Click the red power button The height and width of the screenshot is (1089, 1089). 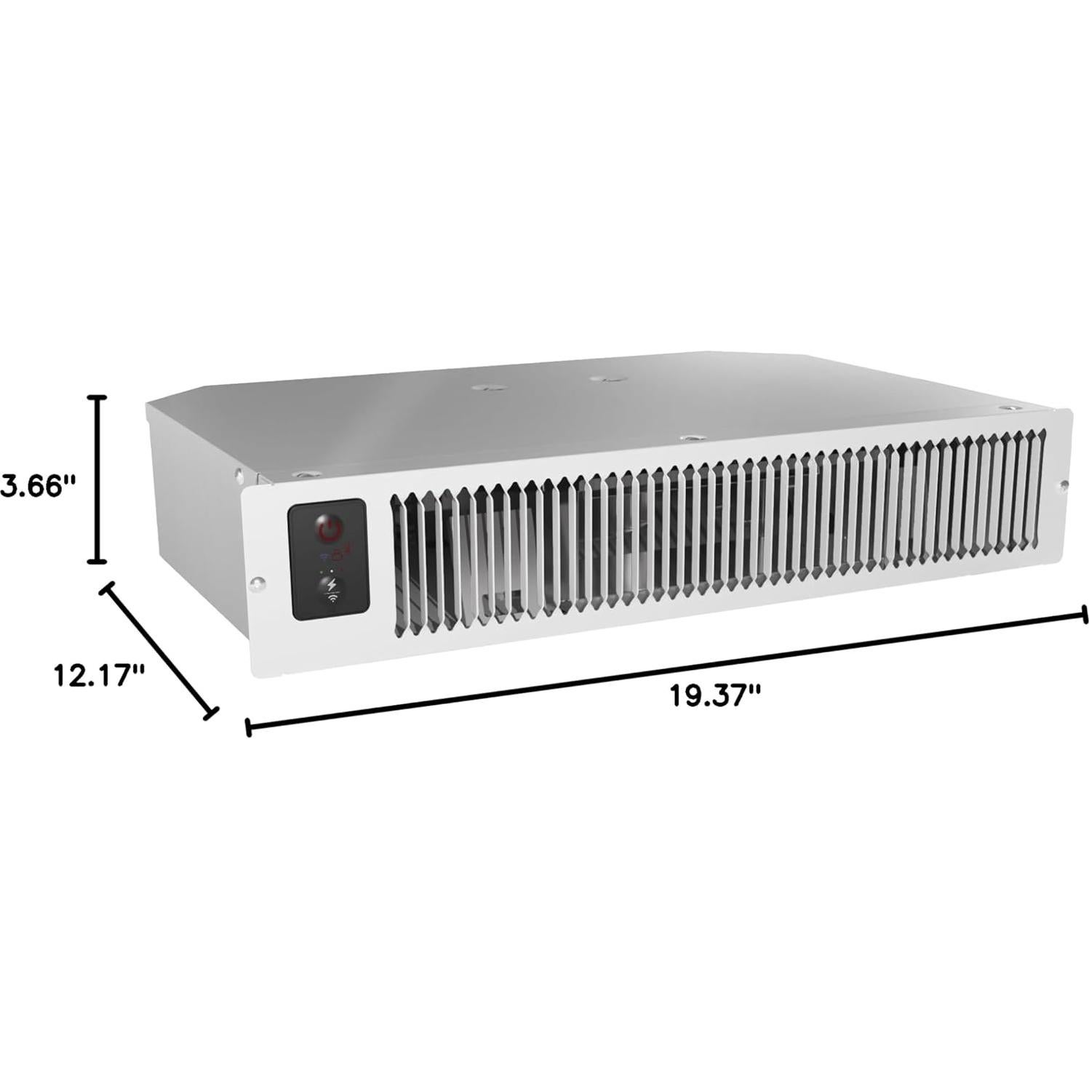coord(330,530)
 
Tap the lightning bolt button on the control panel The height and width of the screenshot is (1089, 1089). coord(332,584)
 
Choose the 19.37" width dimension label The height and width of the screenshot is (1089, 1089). coord(714,695)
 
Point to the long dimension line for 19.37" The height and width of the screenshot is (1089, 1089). coord(666,670)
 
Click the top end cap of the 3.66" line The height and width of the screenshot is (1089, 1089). coord(97,397)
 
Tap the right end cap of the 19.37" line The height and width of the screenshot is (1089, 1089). coord(1085,614)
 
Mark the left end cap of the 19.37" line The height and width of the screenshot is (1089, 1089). coord(249,727)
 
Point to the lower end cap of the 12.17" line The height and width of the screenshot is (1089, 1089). coord(211,712)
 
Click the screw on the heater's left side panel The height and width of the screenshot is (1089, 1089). coord(239,476)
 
